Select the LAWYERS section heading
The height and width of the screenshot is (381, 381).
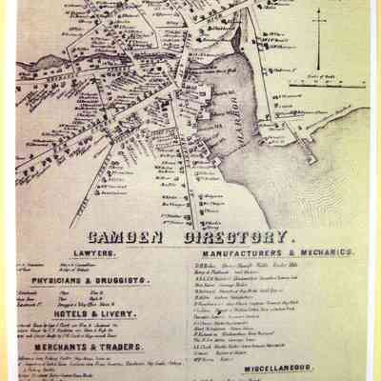[95, 253]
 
